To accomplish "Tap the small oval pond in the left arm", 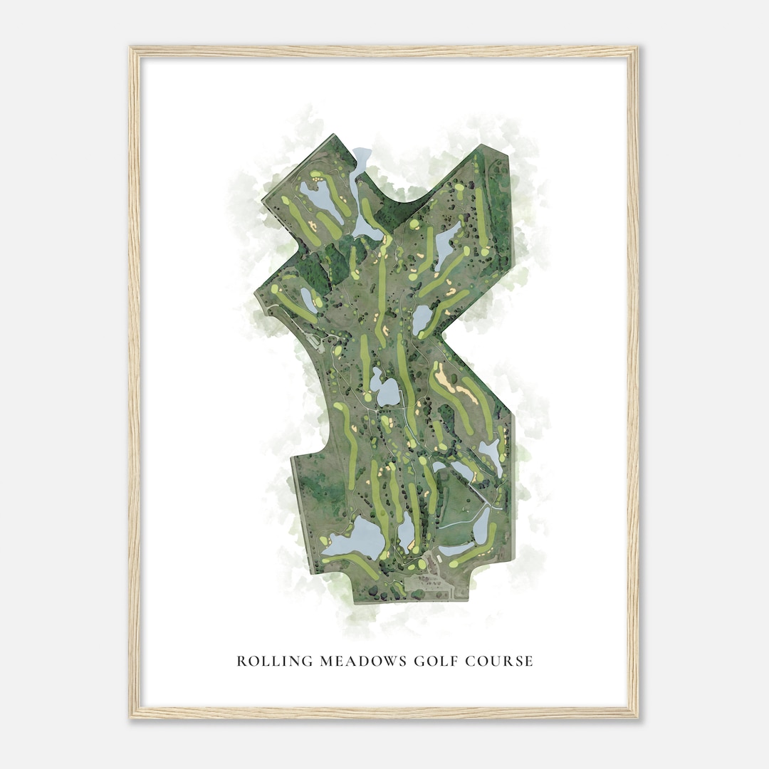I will pyautogui.click(x=308, y=299).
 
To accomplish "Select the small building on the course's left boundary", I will pyautogui.click(x=314, y=340).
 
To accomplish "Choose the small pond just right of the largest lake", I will pyautogui.click(x=407, y=531).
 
